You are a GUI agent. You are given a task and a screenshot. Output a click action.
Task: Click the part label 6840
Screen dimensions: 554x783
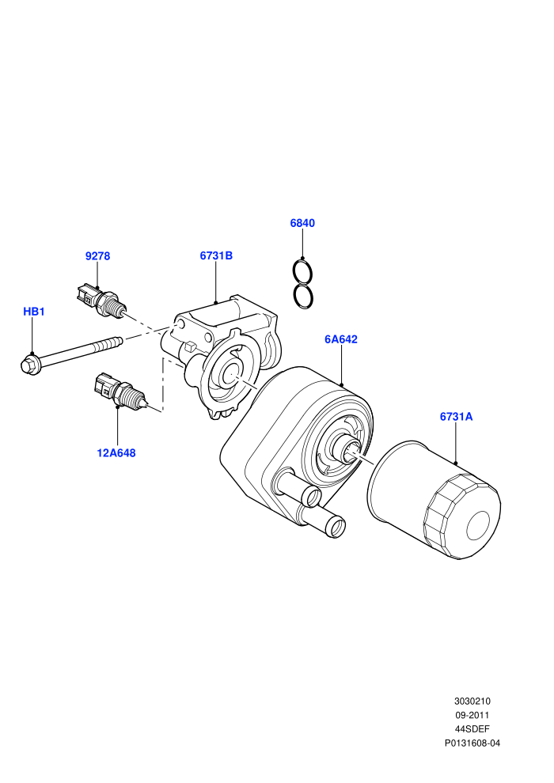point(302,223)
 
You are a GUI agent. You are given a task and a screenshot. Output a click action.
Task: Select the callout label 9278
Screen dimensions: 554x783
point(97,256)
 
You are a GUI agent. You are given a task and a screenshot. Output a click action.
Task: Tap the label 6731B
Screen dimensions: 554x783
point(216,255)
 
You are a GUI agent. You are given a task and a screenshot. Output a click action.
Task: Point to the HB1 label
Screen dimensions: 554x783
point(34,312)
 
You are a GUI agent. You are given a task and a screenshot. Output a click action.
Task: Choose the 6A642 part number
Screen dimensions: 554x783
point(341,339)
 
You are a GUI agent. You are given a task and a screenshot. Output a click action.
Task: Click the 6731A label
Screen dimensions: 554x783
point(456,417)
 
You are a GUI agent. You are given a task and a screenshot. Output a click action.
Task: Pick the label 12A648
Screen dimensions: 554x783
point(116,453)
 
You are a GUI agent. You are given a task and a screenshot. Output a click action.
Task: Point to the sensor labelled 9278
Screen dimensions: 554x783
point(101,299)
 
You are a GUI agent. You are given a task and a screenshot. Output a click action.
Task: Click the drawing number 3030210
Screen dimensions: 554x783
point(472,701)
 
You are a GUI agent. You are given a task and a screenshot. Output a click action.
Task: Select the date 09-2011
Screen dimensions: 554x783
point(472,715)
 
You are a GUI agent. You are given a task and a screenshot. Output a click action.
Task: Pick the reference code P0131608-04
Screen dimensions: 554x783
point(472,743)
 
